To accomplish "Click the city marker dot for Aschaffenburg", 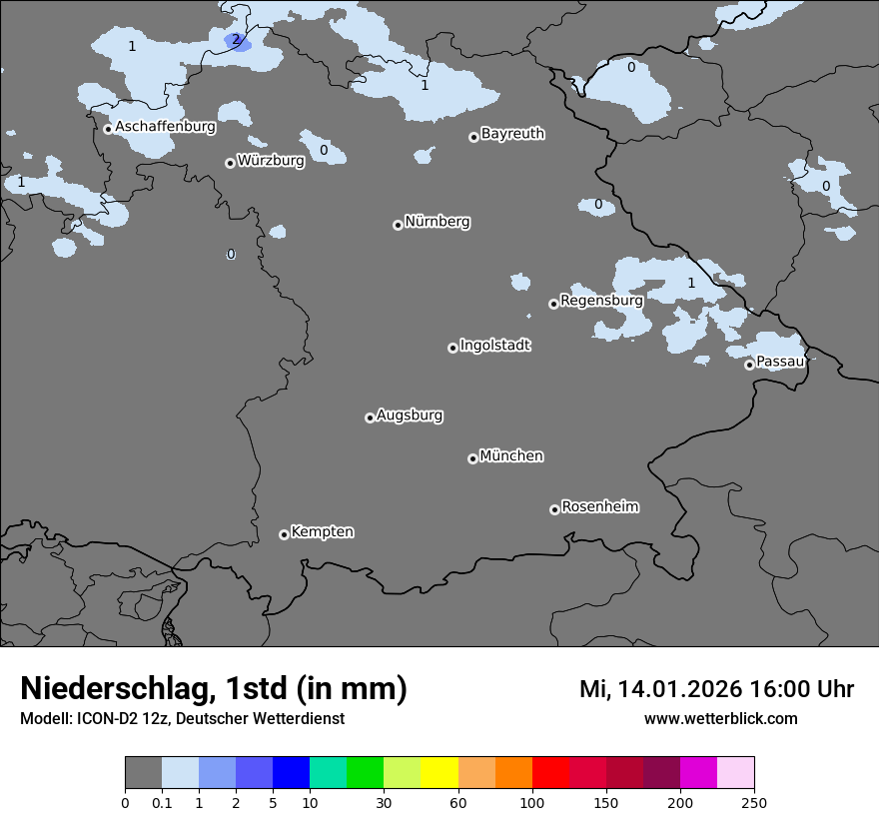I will [108, 129].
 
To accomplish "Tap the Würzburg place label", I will [271, 161].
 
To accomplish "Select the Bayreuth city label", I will [512, 134].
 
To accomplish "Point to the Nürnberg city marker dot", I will [398, 225].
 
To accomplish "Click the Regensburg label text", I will [601, 300].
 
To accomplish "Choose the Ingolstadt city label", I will [494, 346].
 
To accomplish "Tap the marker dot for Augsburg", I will [370, 417].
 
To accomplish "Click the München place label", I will [511, 456].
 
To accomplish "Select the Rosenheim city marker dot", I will [554, 510].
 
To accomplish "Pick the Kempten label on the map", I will [322, 532].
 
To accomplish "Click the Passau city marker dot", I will [749, 365].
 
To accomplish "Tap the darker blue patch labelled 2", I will [235, 41].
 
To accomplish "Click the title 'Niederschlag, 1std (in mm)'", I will [214, 689].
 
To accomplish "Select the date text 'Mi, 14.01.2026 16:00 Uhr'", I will [716, 689].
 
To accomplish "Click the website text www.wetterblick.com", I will [720, 718].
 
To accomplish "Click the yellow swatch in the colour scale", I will [439, 773].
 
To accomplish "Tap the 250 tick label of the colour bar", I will [754, 802].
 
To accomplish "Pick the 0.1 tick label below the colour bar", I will [162, 802].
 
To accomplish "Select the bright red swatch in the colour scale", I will [550, 773].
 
